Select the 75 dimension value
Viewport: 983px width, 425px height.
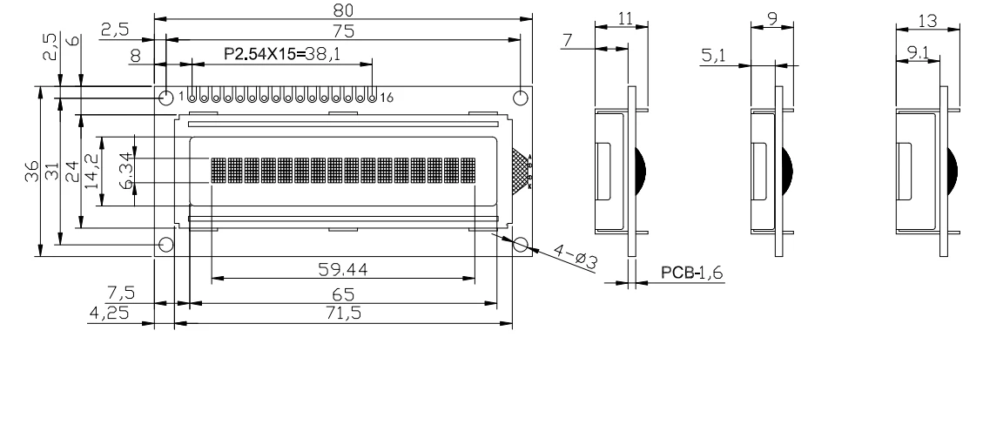pyautogui.click(x=344, y=30)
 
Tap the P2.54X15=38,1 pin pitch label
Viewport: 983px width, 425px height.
pyautogui.click(x=282, y=54)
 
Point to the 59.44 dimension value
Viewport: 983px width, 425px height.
pyautogui.click(x=343, y=269)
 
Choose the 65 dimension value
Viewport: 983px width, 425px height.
pyautogui.click(x=344, y=294)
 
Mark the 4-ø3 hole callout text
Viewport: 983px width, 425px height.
pyautogui.click(x=575, y=257)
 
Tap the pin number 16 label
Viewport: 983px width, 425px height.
pyautogui.click(x=387, y=98)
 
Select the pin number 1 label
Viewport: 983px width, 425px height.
pyautogui.click(x=182, y=97)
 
